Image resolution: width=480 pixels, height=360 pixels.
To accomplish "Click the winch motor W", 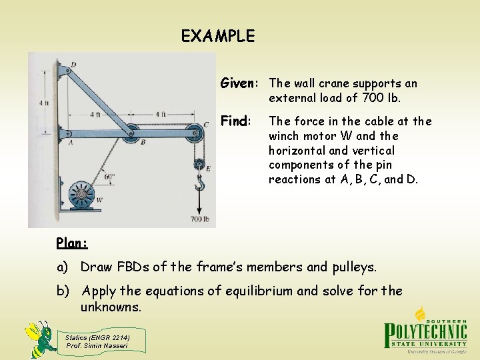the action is [x=81, y=195].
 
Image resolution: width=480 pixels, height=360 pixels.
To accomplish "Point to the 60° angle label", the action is [x=110, y=177].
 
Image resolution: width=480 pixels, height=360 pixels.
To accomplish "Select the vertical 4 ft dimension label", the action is [x=43, y=103].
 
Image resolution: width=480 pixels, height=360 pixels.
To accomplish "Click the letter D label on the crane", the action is [x=73, y=64].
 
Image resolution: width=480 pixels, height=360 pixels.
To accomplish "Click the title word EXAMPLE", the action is [x=218, y=36].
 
